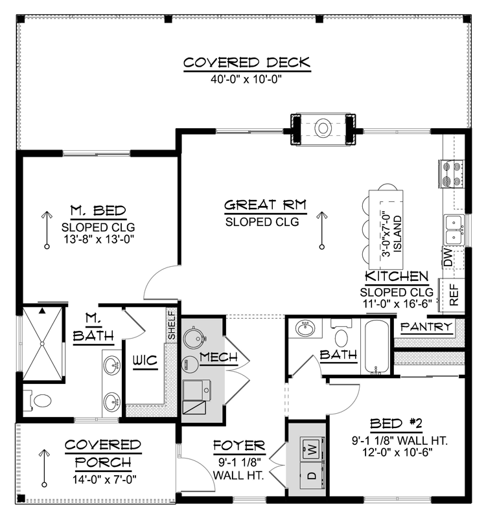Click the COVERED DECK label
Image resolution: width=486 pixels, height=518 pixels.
point(247,63)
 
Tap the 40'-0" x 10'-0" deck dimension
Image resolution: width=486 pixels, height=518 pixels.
point(247,79)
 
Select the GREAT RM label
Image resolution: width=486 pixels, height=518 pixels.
point(265,206)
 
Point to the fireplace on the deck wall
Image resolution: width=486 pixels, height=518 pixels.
point(323,128)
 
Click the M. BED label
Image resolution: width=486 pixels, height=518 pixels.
point(98,210)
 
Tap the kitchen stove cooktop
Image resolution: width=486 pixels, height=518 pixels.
point(452,172)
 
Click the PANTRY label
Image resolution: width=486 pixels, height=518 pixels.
point(425,328)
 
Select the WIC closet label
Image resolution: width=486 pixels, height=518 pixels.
point(145,361)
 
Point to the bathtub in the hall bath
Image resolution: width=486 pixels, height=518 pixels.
point(376,346)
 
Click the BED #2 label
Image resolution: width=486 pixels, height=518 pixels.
point(396,424)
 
